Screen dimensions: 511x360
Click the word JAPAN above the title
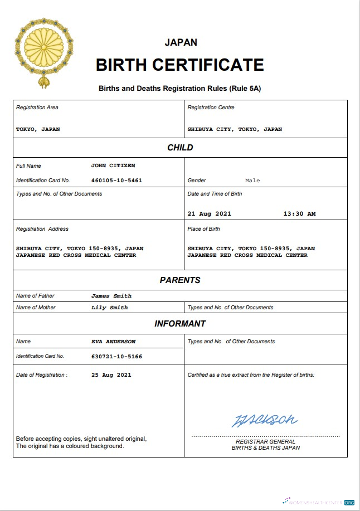[x=181, y=42]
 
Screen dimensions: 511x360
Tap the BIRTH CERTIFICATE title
[x=180, y=65]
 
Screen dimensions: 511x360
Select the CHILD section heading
[x=180, y=148]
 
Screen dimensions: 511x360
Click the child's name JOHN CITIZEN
[x=113, y=166]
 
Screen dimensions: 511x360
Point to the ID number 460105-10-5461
[x=116, y=181]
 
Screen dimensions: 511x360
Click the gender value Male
[x=252, y=181]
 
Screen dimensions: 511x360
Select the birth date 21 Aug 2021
[x=209, y=213]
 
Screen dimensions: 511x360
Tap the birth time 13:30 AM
[x=299, y=213]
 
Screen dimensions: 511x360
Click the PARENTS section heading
[x=180, y=280]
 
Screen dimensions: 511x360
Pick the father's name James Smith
[x=111, y=296]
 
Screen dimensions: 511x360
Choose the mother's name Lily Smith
[x=110, y=308]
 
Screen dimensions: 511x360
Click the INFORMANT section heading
[x=180, y=324]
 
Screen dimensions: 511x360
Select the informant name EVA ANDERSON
[x=114, y=342]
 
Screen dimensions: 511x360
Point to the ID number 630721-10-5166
[x=116, y=356]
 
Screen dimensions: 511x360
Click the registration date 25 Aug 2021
[x=111, y=375]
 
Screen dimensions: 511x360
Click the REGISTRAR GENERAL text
[x=265, y=442]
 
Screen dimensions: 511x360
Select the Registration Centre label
[x=211, y=108]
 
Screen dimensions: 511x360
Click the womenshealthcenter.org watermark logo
[x=318, y=502]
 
